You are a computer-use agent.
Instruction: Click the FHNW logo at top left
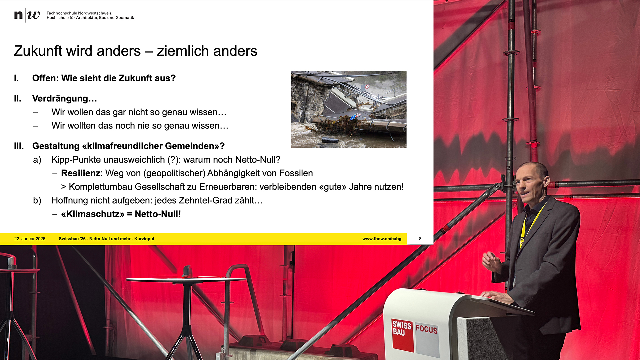pyautogui.click(x=27, y=15)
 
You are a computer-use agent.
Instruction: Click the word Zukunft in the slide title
pyautogui.click(x=38, y=51)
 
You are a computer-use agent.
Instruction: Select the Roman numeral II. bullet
pyautogui.click(x=18, y=98)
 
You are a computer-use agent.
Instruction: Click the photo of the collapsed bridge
pyautogui.click(x=349, y=109)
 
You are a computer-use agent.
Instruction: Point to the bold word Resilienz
pyautogui.click(x=81, y=173)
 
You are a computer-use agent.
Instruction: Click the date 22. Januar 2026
pyautogui.click(x=30, y=239)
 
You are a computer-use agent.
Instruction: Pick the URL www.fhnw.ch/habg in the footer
pyautogui.click(x=382, y=239)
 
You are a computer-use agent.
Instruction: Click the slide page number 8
pyautogui.click(x=420, y=239)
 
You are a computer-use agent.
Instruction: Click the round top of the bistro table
pyautogui.click(x=185, y=279)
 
